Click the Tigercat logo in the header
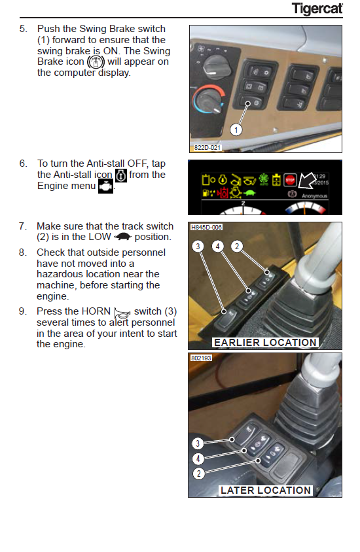pyautogui.click(x=317, y=9)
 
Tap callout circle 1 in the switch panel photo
pyautogui.click(x=236, y=130)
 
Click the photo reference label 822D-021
pyautogui.click(x=207, y=148)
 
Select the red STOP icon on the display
pyautogui.click(x=290, y=181)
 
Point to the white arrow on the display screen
pyautogui.click(x=306, y=181)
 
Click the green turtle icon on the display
pyautogui.click(x=249, y=193)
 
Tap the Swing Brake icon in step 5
pyautogui.click(x=96, y=62)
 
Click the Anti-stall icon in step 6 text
pyautogui.click(x=121, y=175)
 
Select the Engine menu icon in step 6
pyautogui.click(x=105, y=186)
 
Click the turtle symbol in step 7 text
pyautogui.click(x=123, y=237)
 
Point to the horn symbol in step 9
pyautogui.click(x=122, y=313)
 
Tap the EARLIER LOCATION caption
pyautogui.click(x=265, y=343)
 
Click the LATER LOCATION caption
pyautogui.click(x=266, y=491)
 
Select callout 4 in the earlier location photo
pyautogui.click(x=217, y=246)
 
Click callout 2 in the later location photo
pyautogui.click(x=198, y=474)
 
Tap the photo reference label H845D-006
pyautogui.click(x=206, y=228)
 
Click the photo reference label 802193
pyautogui.click(x=201, y=358)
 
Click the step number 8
pyautogui.click(x=22, y=252)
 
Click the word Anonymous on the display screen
pyautogui.click(x=315, y=196)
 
